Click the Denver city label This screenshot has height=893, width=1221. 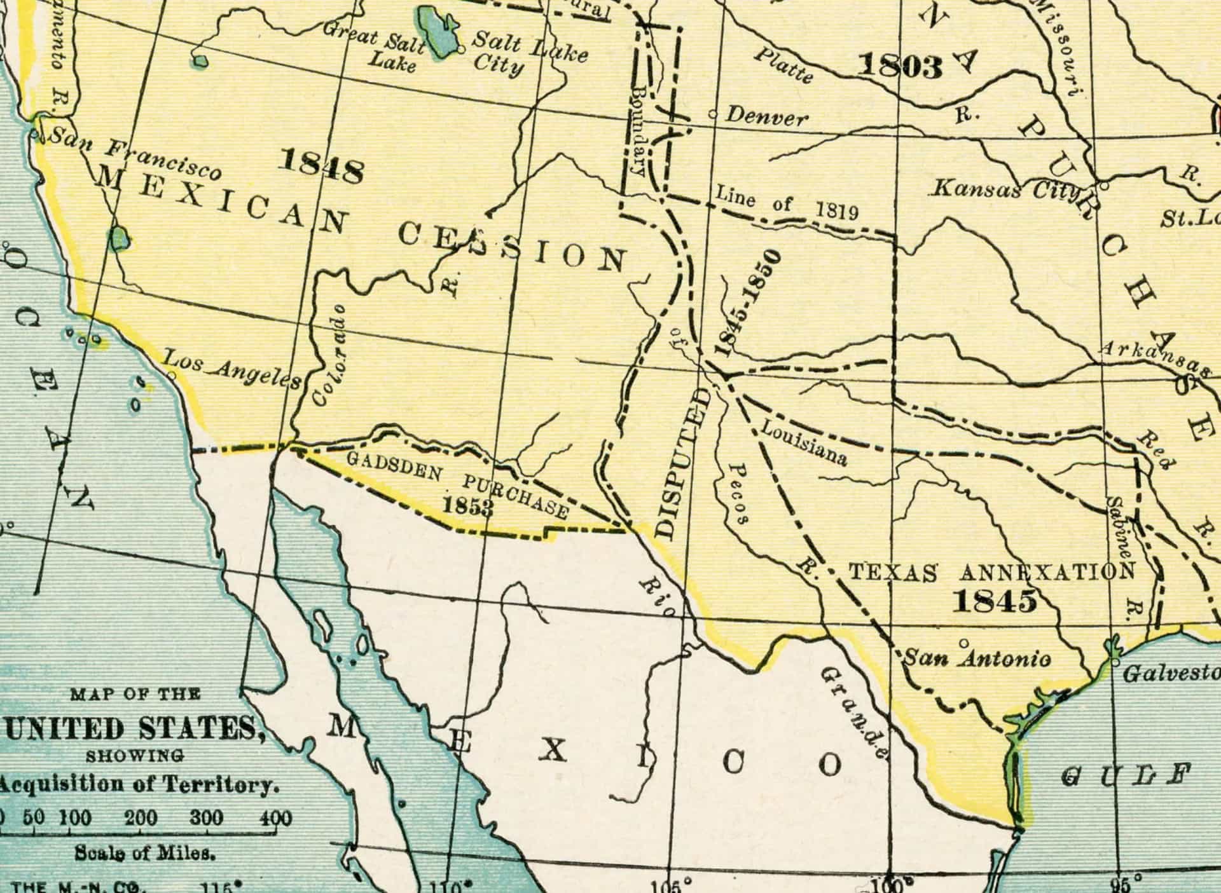click(767, 117)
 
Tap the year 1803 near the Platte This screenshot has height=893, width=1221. click(899, 67)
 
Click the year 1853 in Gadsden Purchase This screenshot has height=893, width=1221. click(468, 506)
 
